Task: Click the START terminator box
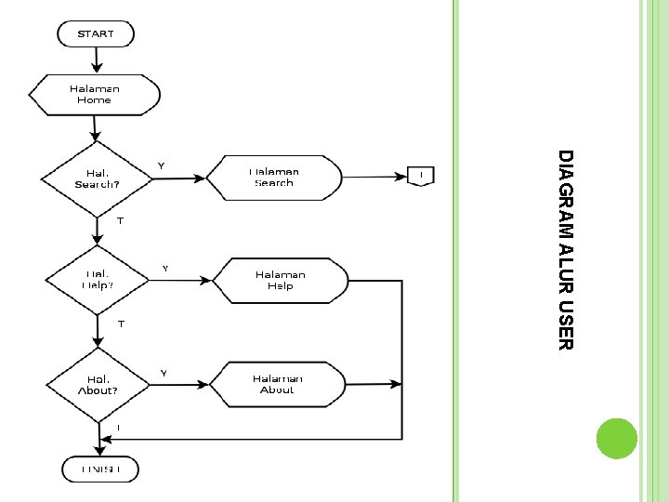point(96,34)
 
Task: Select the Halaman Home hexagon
point(95,94)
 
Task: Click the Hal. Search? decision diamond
point(97,178)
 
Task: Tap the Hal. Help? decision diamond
point(98,279)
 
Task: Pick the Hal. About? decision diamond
point(98,384)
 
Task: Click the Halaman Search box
point(273,177)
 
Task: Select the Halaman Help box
point(280,280)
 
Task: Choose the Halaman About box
point(277,384)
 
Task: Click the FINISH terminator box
point(99,469)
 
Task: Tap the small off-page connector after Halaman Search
point(421,176)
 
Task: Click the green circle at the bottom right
point(615,439)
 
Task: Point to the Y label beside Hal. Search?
point(161,165)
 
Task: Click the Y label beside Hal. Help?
point(165,268)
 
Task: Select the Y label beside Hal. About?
point(164,373)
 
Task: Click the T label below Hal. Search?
point(120,221)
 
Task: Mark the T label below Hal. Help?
point(120,324)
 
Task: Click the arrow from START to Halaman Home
point(96,60)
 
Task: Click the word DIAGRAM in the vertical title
point(567,192)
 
